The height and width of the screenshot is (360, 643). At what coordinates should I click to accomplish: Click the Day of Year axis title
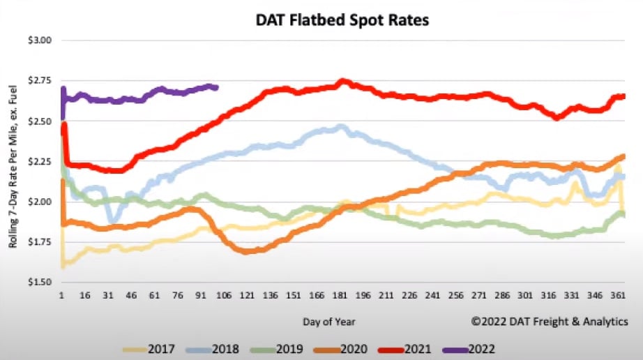328,322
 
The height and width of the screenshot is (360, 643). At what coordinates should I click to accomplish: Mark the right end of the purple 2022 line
218,87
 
